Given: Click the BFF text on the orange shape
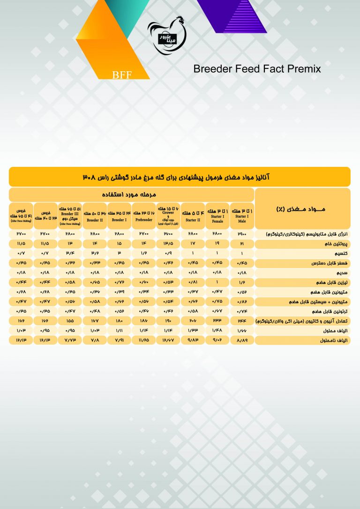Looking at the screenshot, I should [122, 75].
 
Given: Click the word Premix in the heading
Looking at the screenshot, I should [303, 69].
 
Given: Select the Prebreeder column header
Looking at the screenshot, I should [144, 215].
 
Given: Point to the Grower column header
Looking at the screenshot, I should [168, 215].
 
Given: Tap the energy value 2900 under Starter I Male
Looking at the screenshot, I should [241, 233].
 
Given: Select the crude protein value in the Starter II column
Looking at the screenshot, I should [193, 244].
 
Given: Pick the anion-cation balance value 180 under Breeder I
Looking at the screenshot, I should [120, 321].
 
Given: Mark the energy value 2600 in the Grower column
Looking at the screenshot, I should [168, 233].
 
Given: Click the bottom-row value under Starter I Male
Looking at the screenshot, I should [241, 340].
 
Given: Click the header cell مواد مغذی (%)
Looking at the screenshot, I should [302, 208].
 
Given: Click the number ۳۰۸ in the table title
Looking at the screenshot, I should [90, 177].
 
